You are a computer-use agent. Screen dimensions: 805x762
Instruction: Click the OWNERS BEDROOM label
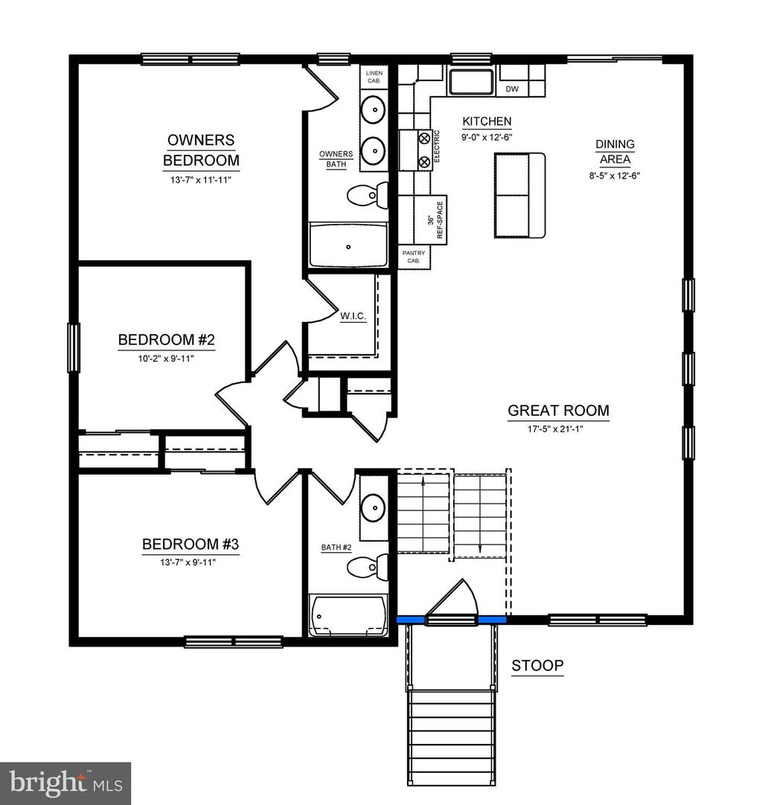(201, 150)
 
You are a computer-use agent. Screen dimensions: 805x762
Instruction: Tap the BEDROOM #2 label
(167, 340)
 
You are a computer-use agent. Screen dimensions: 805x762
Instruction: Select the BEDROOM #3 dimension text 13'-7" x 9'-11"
(190, 561)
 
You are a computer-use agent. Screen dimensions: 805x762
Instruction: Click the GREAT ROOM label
(558, 410)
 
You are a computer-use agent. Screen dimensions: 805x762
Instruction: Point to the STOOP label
(537, 665)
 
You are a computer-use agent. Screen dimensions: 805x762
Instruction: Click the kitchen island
(520, 196)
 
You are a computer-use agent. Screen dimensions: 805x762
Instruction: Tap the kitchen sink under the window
(471, 82)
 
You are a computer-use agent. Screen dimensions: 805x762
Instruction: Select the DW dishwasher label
(512, 89)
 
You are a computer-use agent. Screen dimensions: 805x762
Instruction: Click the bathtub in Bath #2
(348, 616)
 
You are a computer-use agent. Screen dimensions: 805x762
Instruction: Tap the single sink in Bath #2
(372, 509)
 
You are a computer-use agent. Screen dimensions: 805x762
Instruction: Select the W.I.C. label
(352, 317)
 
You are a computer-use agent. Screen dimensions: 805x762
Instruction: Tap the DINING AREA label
(615, 151)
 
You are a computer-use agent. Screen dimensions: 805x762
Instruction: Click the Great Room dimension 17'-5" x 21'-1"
(558, 429)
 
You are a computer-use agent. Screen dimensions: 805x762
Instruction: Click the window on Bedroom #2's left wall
(74, 347)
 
